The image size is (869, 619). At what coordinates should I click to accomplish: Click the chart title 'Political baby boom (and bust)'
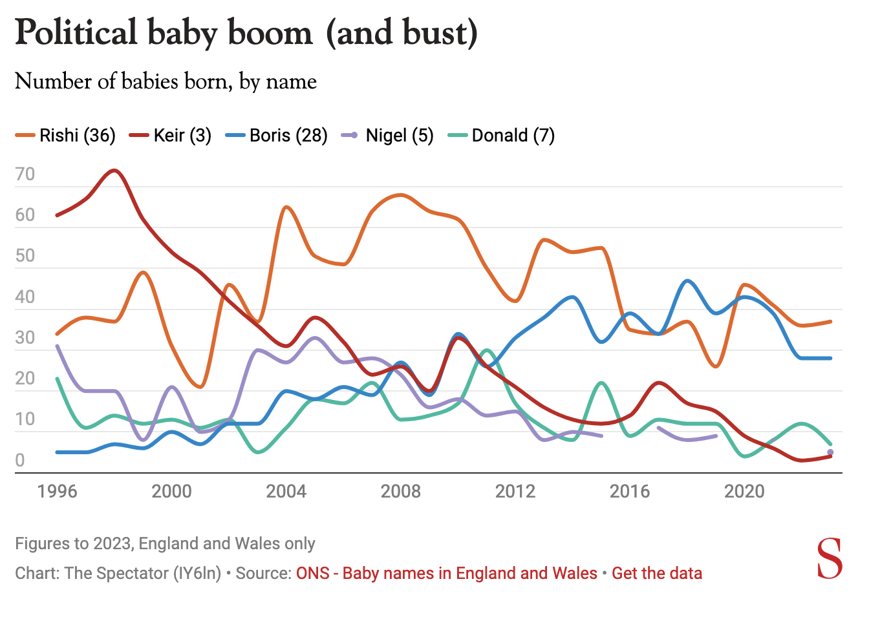tap(246, 32)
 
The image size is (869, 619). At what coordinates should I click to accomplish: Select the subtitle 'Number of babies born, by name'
tap(166, 81)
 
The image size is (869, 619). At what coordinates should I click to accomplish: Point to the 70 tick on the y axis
tap(25, 174)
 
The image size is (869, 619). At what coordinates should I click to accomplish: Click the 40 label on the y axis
tap(25, 297)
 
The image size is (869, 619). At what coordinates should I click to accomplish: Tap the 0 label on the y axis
tap(20, 461)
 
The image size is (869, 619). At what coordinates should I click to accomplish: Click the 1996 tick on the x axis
tap(57, 492)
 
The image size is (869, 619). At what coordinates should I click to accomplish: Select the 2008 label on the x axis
tap(400, 492)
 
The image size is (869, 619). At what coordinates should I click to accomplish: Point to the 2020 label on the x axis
tap(744, 492)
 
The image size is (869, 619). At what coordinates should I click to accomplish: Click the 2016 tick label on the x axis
tap(630, 492)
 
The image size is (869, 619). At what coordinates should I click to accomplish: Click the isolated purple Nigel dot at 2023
tap(830, 452)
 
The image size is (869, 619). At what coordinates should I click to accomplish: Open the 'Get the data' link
tap(657, 573)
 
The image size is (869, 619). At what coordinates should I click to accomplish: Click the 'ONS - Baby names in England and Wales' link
tap(447, 573)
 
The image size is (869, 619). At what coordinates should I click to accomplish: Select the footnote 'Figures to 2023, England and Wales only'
tap(165, 543)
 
